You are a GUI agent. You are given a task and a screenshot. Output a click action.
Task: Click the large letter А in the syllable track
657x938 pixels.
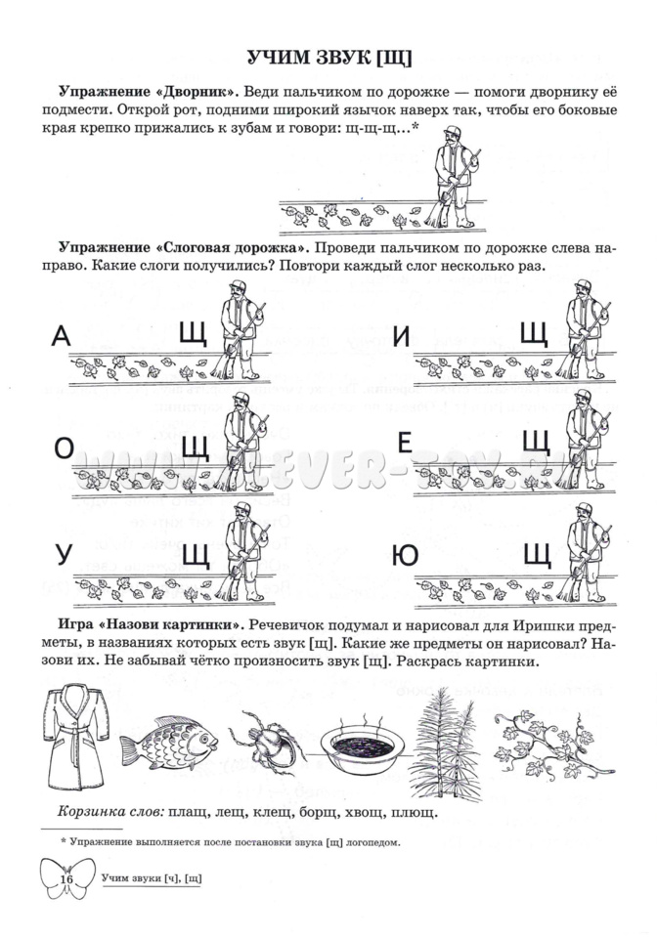click(x=62, y=337)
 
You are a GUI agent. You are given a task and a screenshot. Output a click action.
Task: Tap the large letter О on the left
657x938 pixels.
click(x=64, y=448)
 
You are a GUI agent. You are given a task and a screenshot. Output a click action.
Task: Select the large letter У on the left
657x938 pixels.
click(x=63, y=554)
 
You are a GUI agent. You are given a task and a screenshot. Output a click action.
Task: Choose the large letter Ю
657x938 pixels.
click(x=404, y=555)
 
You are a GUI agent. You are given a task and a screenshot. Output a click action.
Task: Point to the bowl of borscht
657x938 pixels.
click(x=362, y=746)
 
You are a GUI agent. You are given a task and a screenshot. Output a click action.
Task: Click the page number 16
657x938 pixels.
click(x=66, y=878)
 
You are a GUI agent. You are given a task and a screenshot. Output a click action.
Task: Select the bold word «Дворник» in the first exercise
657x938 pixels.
click(x=191, y=91)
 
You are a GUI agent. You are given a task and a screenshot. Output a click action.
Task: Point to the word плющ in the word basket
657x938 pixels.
click(x=414, y=811)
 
